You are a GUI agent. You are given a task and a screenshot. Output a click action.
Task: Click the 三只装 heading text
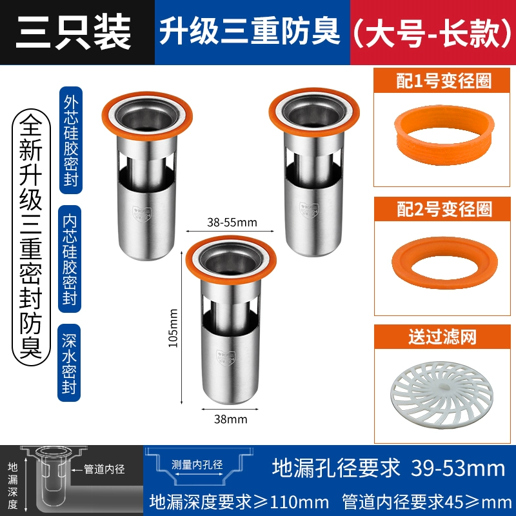coord(73,32)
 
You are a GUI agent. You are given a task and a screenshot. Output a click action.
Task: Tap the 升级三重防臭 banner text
coord(250,31)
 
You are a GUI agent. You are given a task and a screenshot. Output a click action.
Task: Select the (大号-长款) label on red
coord(432,32)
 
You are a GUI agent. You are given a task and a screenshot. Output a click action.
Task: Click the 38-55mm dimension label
coord(232,223)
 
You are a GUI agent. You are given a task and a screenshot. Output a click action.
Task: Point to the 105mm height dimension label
coord(173,328)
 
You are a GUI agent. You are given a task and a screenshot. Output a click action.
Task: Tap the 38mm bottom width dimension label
coord(230,419)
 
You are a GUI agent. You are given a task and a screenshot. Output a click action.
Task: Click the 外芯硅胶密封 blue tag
coord(71,140)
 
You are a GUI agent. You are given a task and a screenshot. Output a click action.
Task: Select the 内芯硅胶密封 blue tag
coord(70,259)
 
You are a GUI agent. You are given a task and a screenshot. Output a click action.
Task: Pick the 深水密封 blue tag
coord(69,362)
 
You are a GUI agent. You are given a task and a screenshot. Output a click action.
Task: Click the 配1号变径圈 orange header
coord(442,81)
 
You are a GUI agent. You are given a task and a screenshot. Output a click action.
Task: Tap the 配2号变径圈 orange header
coord(442,209)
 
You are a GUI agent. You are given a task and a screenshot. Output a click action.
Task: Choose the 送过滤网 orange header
coord(442,337)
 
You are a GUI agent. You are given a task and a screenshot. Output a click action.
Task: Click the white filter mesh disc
coord(442,393)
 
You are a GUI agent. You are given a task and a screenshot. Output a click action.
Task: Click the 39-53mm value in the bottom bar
coord(458,469)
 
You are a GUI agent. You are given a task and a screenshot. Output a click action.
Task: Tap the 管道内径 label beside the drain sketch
coord(104,470)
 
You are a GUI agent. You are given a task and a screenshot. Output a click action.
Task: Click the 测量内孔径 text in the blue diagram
coord(197,464)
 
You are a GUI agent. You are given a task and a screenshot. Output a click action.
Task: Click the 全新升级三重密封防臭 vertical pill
coord(31,237)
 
